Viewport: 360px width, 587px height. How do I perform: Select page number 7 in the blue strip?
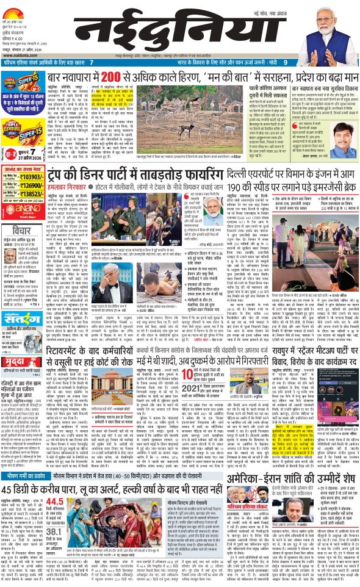91,62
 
